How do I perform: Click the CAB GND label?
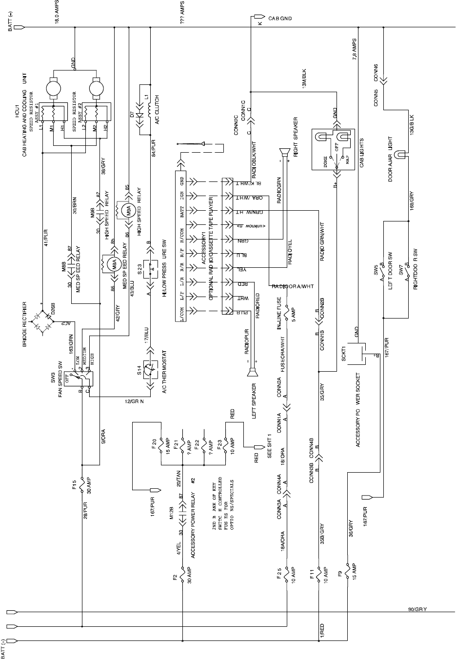pos(280,18)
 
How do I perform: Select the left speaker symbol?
pos(253,373)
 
